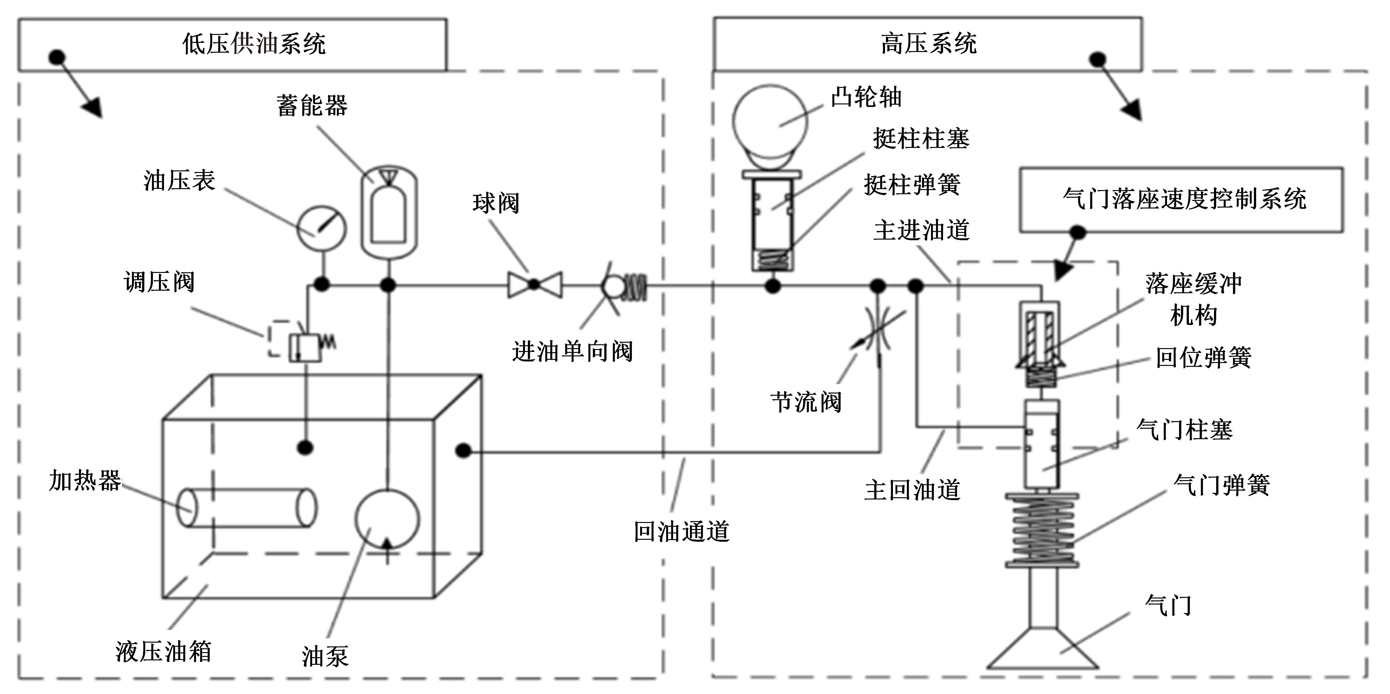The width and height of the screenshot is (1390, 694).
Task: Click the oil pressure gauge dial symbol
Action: [322, 228]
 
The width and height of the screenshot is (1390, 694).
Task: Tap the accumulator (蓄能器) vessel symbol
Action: [389, 212]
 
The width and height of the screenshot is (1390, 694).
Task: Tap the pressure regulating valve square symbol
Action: [305, 348]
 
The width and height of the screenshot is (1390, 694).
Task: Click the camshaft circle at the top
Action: [770, 122]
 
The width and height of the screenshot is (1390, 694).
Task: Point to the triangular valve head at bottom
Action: [1042, 650]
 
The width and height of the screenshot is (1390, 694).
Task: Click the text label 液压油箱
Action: [163, 651]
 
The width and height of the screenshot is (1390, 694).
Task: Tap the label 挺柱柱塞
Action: [921, 139]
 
